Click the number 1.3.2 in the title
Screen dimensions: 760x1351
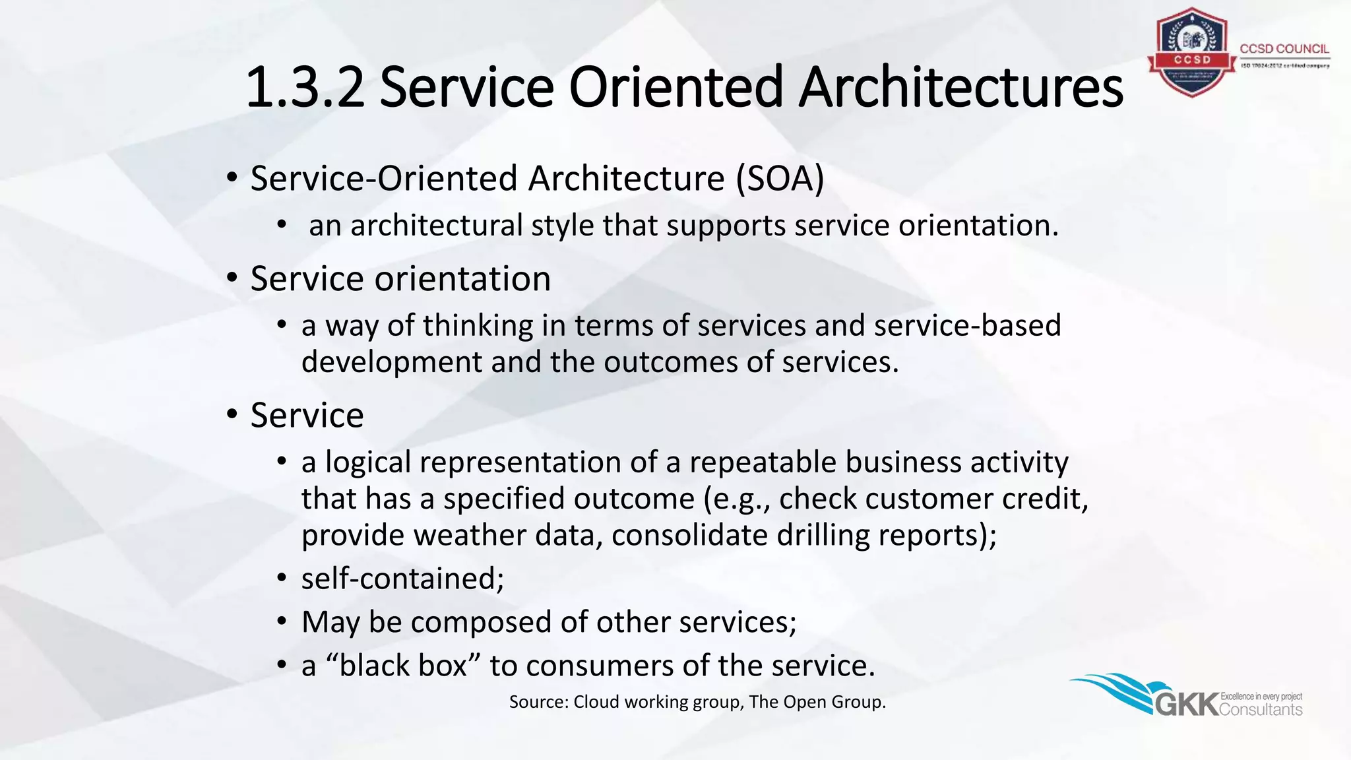click(x=304, y=88)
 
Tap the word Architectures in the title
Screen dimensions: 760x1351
click(x=960, y=88)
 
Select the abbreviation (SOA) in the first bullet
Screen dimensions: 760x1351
click(x=780, y=179)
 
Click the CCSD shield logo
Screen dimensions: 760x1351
click(x=1191, y=53)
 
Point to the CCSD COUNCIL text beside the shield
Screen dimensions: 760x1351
click(x=1284, y=49)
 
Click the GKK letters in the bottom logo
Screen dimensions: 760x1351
click(x=1187, y=705)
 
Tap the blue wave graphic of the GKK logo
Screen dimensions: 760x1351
click(x=1115, y=690)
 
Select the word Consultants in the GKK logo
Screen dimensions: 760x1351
click(x=1261, y=710)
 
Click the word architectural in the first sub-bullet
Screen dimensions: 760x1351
click(x=436, y=226)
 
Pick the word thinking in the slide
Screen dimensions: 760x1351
click(x=478, y=326)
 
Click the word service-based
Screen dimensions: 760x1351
click(x=967, y=326)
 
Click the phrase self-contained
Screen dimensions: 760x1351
click(x=402, y=579)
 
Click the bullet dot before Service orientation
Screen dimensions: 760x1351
click(x=232, y=278)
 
